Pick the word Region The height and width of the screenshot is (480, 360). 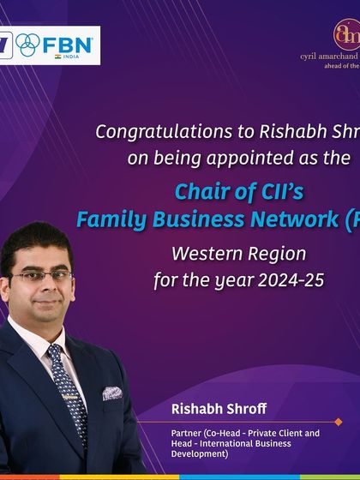pyautogui.click(x=276, y=255)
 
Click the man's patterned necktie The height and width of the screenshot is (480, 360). pyautogui.click(x=69, y=387)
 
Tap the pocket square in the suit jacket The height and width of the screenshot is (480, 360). pyautogui.click(x=112, y=393)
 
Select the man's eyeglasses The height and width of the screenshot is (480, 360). pyautogui.click(x=41, y=277)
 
